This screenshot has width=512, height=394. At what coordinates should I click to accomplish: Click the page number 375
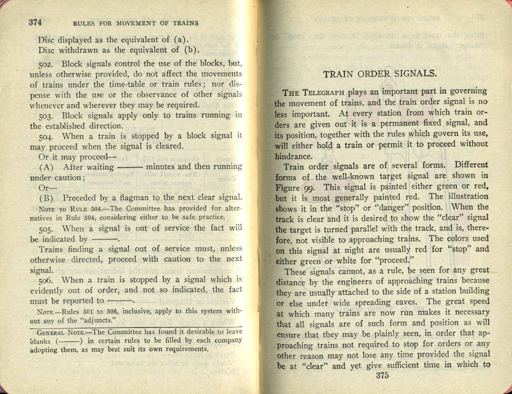(x=382, y=375)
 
